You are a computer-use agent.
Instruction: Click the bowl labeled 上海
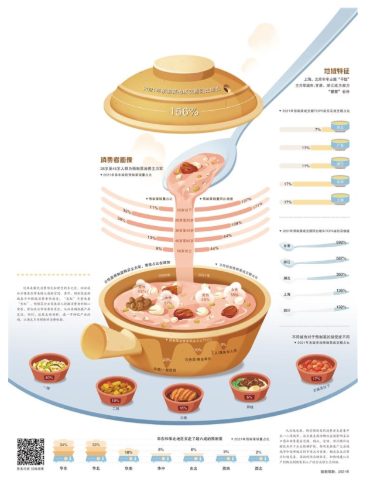click(x=340, y=200)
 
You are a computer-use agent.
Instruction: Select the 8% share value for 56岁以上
click(x=159, y=248)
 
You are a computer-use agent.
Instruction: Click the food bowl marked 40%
click(x=49, y=366)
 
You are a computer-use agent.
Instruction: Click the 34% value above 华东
click(x=63, y=445)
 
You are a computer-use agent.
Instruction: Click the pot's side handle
click(x=104, y=340)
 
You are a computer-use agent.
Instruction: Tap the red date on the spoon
click(x=189, y=168)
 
